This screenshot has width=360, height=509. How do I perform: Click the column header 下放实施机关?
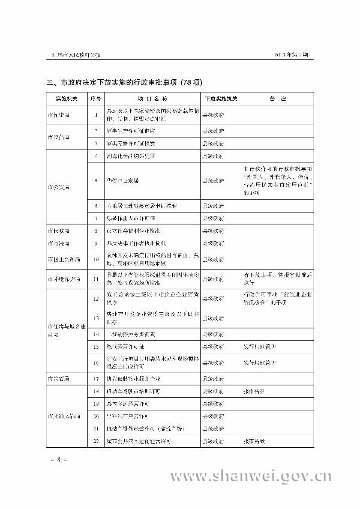click(221, 97)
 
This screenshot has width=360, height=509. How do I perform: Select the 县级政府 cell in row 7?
click(214, 217)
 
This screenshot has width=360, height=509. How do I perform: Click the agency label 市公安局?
click(59, 186)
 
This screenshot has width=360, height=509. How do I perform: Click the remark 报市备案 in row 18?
click(254, 391)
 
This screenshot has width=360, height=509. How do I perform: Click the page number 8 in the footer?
click(59, 460)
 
